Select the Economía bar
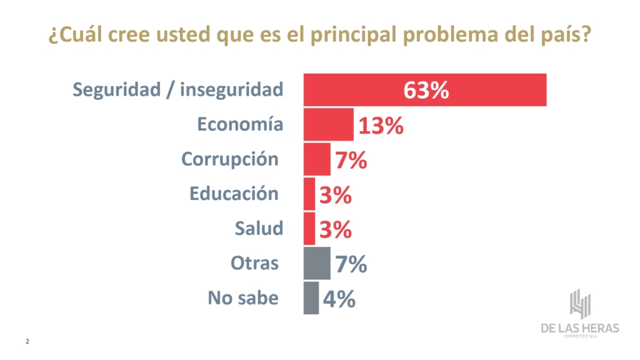point(329,124)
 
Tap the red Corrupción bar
point(317,159)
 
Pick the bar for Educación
point(309,194)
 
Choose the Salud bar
point(309,229)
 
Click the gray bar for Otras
point(317,264)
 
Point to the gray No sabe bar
point(311,298)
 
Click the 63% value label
point(426,90)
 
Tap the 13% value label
point(381,126)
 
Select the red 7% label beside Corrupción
point(351,161)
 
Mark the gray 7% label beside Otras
point(351,264)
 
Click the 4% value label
point(339,299)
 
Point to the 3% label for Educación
point(336,196)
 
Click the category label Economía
point(240,124)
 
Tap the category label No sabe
point(243,298)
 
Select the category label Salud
point(259,229)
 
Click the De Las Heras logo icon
point(580,304)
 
